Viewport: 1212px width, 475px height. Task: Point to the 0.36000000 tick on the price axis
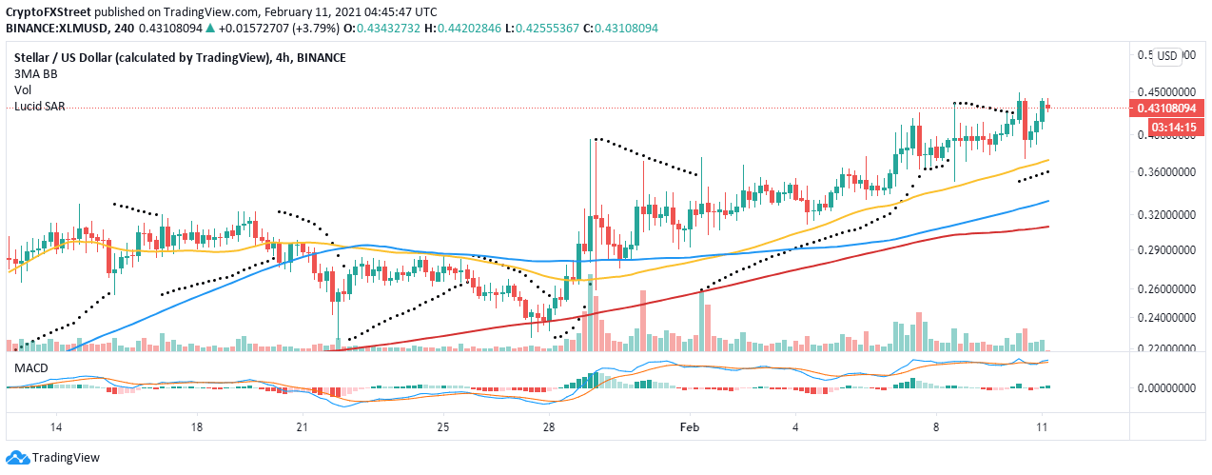1165,172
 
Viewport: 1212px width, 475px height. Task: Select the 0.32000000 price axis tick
1165,215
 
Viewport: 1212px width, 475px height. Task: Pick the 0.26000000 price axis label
1165,288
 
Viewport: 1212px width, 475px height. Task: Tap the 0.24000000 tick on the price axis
1165,318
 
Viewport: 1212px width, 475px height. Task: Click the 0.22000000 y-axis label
1165,349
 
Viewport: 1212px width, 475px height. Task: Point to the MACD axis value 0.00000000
1165,388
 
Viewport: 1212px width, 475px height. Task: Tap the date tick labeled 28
549,428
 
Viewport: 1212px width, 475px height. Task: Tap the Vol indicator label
23,90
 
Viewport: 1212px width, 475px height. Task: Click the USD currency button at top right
1167,55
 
